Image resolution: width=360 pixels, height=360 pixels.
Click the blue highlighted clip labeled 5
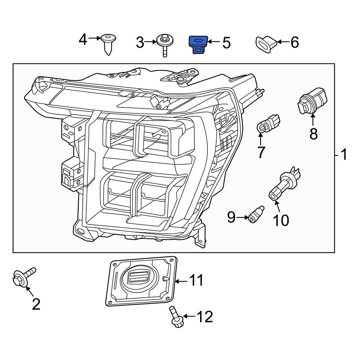199,44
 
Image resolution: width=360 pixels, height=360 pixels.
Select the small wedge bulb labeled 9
256,215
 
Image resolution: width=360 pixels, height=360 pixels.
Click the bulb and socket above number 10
285,184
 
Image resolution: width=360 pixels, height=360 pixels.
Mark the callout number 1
344,155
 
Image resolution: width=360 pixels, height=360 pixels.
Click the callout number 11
196,280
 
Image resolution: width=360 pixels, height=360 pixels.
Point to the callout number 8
314,134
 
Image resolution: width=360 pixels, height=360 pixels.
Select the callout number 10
280,220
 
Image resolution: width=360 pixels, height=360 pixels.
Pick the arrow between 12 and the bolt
190,317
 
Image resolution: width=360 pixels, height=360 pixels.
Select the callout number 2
36,305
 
